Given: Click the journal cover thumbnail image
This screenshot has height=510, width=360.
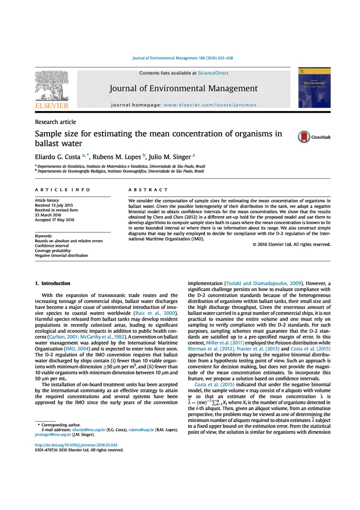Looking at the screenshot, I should click(314, 87).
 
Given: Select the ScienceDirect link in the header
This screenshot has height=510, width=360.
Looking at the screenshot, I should click(213, 73).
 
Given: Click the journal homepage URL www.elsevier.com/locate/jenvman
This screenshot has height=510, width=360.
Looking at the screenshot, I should click(210, 105).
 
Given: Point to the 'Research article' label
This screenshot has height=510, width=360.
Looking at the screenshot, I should click(55, 122).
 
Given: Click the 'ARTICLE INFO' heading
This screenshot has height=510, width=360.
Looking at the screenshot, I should click(62, 190).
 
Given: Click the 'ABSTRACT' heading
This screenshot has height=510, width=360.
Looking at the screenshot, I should click(148, 190).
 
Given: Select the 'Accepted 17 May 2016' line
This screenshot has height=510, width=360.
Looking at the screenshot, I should click(54, 220).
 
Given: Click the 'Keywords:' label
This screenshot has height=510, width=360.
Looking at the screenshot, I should click(44, 236).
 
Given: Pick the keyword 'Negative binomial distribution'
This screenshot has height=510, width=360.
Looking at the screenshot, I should click(61, 255).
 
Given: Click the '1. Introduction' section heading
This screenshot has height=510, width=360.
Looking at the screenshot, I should click(52, 284).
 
